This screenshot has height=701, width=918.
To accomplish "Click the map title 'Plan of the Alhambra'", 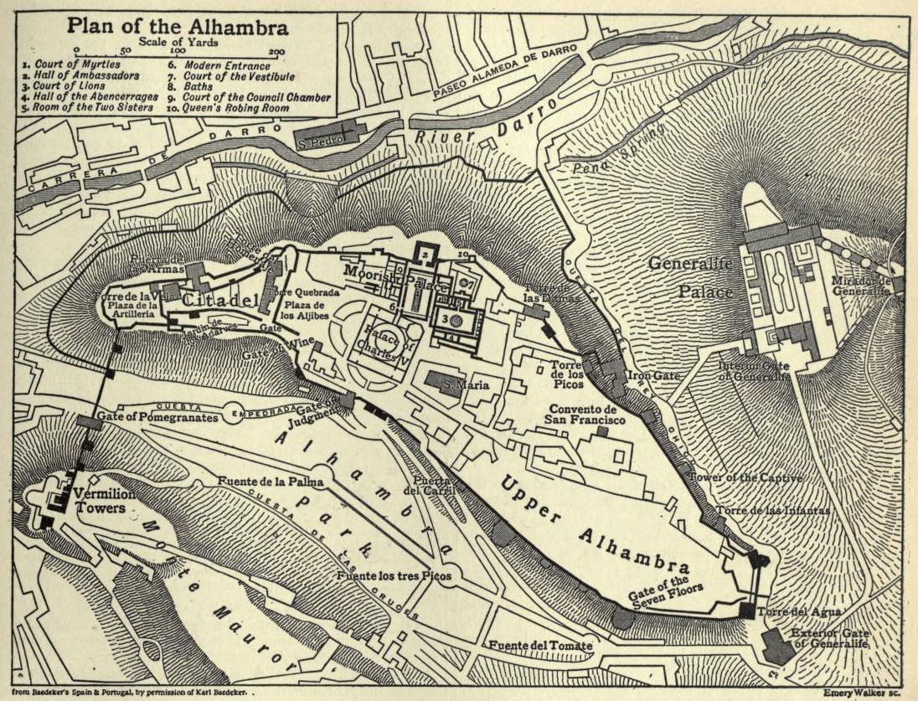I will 178,27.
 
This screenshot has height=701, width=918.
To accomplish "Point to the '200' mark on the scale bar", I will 277,52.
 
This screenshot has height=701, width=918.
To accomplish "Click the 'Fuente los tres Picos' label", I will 394,577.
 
